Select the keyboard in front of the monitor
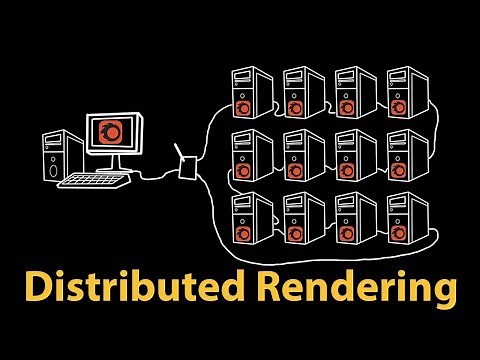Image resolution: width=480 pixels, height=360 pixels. tap(94, 181)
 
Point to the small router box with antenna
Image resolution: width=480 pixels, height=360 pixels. tap(186, 166)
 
